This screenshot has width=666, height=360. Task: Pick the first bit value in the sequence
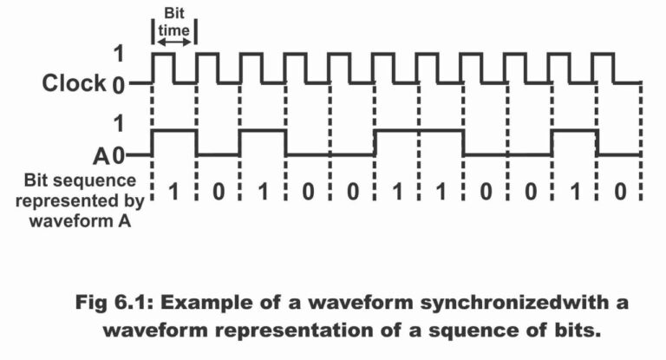click(x=173, y=193)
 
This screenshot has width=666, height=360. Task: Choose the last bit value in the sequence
click(x=619, y=193)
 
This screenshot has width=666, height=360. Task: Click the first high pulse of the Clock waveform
click(x=163, y=55)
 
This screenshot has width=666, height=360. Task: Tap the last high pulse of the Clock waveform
click(x=604, y=55)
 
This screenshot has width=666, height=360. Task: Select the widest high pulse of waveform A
click(x=419, y=131)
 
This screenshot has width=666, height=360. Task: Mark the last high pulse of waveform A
click(x=574, y=131)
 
